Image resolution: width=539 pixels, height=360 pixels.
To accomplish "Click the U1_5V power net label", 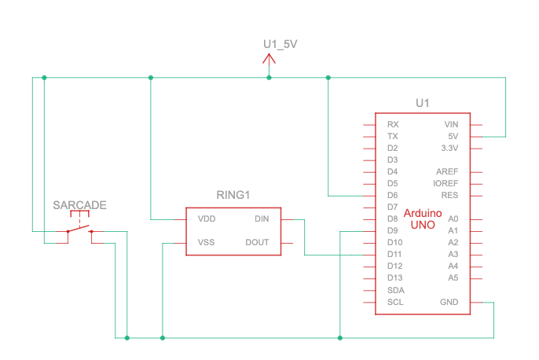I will coord(280,44).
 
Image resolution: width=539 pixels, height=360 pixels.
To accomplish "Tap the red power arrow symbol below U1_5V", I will coord(269,61).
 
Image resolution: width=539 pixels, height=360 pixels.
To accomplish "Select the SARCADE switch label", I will coord(79,205).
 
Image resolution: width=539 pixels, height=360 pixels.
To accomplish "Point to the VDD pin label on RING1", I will coord(207,219).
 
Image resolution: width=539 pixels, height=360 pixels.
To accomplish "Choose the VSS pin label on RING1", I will coord(207,242).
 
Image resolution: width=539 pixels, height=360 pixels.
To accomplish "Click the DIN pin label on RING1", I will coord(262,219).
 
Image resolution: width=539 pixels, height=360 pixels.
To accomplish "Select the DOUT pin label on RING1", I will coord(257,242).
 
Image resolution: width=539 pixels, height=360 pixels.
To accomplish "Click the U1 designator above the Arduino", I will coord(423,103).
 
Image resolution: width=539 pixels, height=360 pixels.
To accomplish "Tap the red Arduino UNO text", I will coord(423,219).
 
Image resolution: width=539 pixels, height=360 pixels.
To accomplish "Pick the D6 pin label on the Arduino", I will coord(393,195).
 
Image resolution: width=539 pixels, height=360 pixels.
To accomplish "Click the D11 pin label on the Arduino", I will coord(395,254).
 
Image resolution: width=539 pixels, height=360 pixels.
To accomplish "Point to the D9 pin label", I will coord(393,230).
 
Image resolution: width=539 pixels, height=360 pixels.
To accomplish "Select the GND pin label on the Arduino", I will coord(449,302).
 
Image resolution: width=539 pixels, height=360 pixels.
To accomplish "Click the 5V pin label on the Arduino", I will coord(452,136).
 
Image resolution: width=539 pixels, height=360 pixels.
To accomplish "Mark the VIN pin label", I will coord(450,124).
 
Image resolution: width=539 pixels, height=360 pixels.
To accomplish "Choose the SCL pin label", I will coord(396,302).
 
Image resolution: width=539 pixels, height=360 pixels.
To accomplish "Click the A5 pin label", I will coord(453,277).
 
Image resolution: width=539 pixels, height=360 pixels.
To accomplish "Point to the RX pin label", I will coord(393,124).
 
